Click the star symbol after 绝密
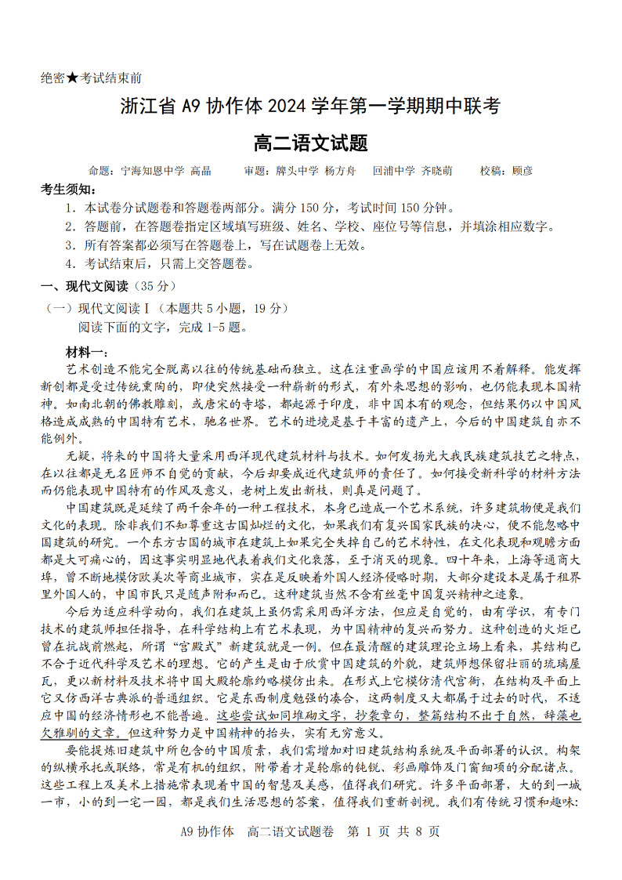(73, 78)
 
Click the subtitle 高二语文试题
(311, 143)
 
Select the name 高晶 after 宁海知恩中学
(201, 171)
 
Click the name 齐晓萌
(436, 171)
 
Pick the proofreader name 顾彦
(523, 171)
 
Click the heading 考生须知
(69, 190)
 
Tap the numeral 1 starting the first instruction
(70, 208)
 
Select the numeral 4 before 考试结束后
(70, 264)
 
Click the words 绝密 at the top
(52, 78)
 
